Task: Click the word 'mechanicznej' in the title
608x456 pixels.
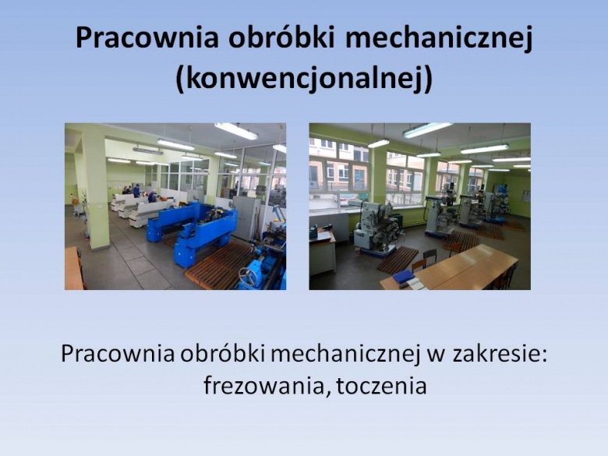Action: click(x=440, y=38)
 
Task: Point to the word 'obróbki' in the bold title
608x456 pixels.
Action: click(x=281, y=37)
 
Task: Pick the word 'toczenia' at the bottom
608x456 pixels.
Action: click(x=382, y=386)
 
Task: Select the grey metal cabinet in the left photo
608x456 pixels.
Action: click(x=247, y=217)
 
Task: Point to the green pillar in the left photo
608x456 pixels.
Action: click(x=96, y=190)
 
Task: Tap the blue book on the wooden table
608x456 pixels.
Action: click(x=403, y=277)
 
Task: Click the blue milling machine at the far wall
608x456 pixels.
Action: click(x=500, y=203)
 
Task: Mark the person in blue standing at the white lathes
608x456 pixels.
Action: click(x=136, y=191)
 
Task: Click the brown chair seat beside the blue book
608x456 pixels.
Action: click(x=418, y=266)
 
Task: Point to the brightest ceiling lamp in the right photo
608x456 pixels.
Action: click(x=426, y=129)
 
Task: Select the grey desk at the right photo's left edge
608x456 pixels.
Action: click(x=322, y=253)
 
